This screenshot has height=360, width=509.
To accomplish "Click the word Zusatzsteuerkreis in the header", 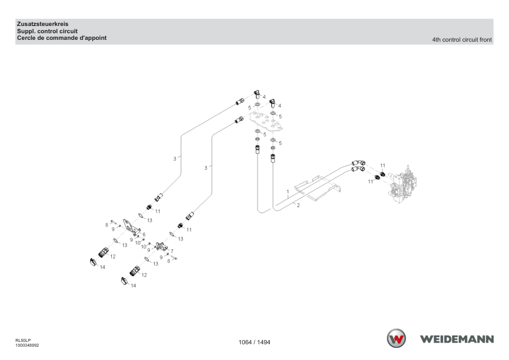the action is [x=42, y=24].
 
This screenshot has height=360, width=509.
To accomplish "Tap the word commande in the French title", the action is [x=64, y=38].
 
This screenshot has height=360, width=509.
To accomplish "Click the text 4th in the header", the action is [x=436, y=40].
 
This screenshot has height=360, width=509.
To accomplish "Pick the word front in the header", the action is [x=485, y=40].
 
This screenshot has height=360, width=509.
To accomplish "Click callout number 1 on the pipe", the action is [x=288, y=191].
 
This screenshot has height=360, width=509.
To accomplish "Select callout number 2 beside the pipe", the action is [x=298, y=205].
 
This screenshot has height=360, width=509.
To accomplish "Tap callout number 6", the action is [x=144, y=234].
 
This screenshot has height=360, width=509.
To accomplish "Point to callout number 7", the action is [x=172, y=251].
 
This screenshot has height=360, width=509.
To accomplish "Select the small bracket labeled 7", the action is [x=161, y=246].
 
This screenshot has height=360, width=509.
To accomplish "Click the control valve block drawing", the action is [x=403, y=184].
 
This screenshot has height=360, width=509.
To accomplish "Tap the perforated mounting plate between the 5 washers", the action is [x=266, y=121].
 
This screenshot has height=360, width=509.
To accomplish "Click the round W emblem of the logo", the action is [x=396, y=338].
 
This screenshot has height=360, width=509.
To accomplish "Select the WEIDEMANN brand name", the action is [x=457, y=339].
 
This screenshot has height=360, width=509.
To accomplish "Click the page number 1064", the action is [x=245, y=342].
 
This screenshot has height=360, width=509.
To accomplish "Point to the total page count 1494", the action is [x=264, y=342].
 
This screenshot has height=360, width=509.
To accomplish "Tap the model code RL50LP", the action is [x=23, y=341].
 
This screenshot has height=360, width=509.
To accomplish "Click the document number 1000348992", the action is [x=27, y=346].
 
